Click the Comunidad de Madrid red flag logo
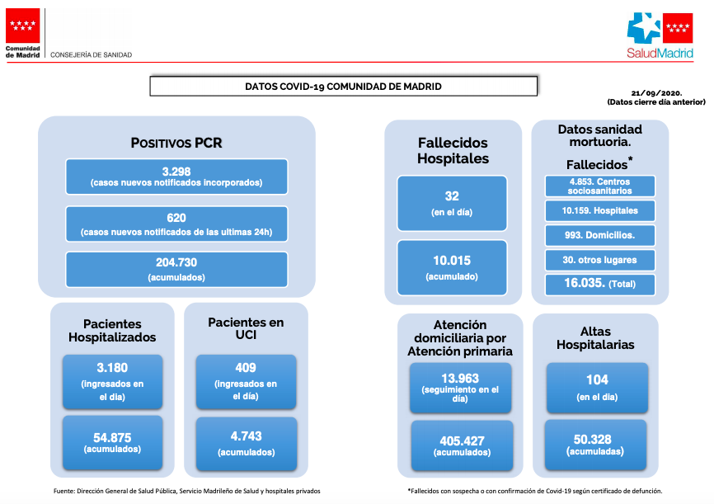[23, 26]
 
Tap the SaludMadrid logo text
[660, 53]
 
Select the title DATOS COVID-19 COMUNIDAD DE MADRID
[343, 87]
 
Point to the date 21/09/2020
[656, 93]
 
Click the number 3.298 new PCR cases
[176, 172]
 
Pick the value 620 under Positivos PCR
[176, 218]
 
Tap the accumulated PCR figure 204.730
[176, 262]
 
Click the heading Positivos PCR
[176, 143]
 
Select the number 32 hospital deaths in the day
[452, 196]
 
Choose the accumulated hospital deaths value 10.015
[452, 261]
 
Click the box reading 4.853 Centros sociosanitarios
[599, 186]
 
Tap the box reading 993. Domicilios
[599, 235]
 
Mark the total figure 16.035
[585, 283]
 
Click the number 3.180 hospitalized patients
[112, 368]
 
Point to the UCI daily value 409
[246, 368]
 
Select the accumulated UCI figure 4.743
[246, 436]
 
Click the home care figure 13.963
[460, 379]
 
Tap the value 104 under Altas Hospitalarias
[597, 379]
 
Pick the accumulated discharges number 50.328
[593, 440]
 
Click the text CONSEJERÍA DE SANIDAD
[91, 54]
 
